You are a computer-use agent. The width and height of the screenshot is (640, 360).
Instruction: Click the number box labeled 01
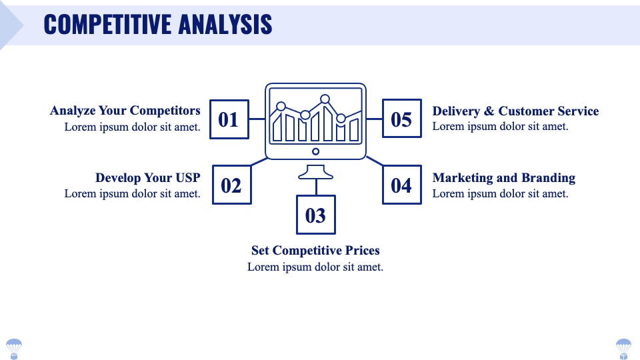pos(229,119)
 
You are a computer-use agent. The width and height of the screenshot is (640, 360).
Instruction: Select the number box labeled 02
pos(231,185)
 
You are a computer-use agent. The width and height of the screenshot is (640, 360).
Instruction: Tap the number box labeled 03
pos(315,215)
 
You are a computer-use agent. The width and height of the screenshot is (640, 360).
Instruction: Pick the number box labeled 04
pos(401,185)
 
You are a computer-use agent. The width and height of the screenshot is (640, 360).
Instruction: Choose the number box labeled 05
pos(401,119)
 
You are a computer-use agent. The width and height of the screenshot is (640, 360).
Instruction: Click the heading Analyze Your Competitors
pos(125,111)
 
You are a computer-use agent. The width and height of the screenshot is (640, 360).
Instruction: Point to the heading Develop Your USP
pos(147,178)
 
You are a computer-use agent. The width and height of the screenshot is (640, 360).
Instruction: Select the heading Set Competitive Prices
pos(315,251)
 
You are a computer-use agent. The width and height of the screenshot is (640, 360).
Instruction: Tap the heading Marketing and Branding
pos(503,178)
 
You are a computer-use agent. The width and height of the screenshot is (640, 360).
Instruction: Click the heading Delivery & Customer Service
pos(515,111)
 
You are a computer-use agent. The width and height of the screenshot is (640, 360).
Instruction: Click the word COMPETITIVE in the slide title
pos(107,25)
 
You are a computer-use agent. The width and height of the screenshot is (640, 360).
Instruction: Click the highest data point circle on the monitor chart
pos(326,99)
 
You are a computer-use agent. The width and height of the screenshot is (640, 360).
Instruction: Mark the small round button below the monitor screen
pos(315,151)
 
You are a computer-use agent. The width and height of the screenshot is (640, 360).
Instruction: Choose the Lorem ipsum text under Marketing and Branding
pos(500,193)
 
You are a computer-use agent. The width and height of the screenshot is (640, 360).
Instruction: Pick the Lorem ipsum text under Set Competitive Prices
pos(315,267)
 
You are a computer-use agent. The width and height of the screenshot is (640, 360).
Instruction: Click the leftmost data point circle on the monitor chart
pos(281,106)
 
